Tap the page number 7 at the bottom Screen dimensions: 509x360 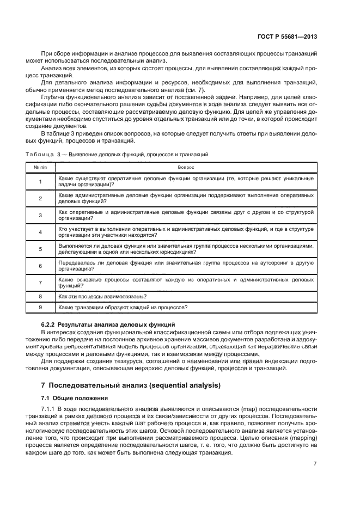[315, 463]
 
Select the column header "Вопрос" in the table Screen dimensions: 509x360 [185, 168]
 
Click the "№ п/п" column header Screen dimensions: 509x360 [40, 168]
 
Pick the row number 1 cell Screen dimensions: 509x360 [40, 182]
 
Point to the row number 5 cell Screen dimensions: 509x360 [40, 249]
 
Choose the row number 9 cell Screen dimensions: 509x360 [40, 308]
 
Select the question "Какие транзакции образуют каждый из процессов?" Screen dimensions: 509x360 [123, 308]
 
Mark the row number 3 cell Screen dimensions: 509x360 [40, 215]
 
